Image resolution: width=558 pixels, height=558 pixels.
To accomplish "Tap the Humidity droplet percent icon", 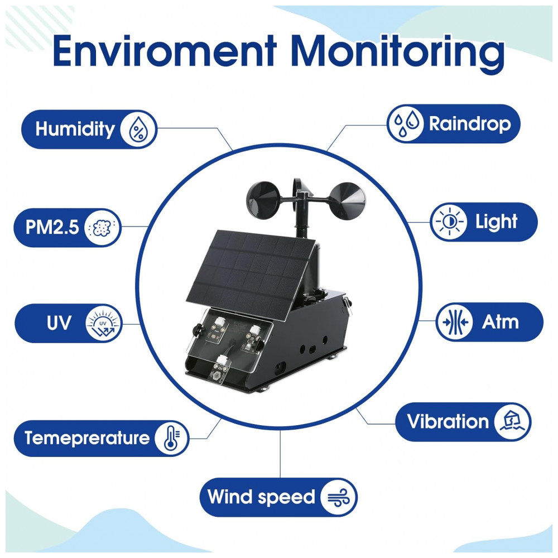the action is click(138, 129).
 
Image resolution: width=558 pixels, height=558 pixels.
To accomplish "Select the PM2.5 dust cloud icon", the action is click(103, 228).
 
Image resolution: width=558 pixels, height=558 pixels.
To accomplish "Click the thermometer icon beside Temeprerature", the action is click(172, 439).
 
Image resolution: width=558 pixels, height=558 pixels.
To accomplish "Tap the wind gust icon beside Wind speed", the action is click(338, 497).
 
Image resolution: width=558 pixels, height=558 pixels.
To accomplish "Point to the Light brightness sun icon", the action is click(449, 222).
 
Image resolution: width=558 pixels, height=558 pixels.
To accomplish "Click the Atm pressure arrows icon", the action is click(454, 322).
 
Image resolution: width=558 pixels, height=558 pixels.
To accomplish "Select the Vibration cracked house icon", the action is click(512, 422).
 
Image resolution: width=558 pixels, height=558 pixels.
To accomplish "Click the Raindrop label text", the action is click(470, 124).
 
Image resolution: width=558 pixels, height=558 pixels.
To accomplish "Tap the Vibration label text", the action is click(448, 422).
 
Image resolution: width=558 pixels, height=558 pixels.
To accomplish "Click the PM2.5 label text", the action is click(52, 227).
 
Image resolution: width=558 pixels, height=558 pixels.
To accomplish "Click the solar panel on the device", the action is click(251, 275).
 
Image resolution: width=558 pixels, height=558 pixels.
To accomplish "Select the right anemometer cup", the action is click(347, 201).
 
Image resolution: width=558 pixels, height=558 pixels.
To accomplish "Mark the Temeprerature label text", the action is click(87, 438).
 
